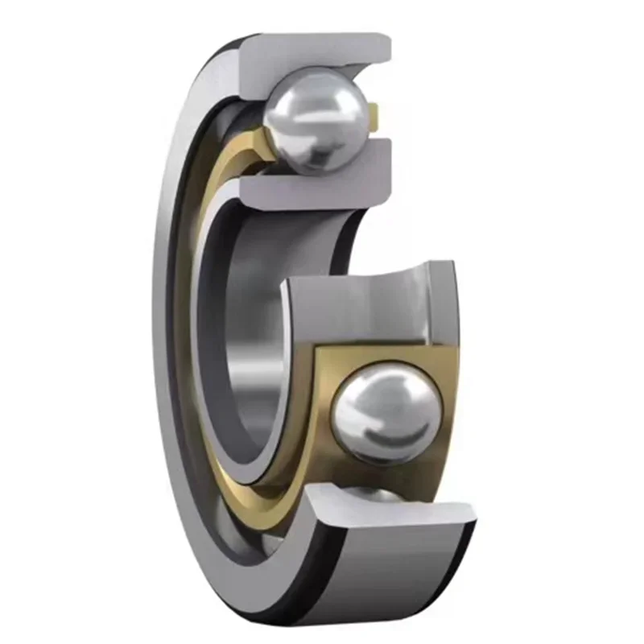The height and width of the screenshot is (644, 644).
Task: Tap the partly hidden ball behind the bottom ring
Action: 378,493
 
